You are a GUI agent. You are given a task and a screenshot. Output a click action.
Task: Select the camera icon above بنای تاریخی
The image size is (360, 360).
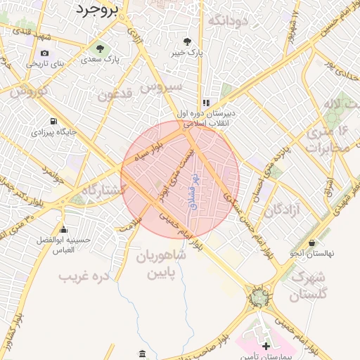45,53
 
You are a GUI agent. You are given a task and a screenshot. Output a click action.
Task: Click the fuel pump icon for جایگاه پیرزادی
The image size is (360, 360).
53,120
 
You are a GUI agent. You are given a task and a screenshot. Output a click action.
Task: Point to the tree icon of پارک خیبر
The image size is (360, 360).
187,41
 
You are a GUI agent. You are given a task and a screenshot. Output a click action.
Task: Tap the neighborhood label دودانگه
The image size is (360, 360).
229,20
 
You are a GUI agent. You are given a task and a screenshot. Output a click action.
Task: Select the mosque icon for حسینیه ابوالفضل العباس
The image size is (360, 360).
64,229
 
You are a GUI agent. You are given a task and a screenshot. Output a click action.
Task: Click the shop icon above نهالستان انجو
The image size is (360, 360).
311,243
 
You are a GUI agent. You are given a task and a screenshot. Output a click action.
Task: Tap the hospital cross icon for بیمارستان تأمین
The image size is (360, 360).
266,347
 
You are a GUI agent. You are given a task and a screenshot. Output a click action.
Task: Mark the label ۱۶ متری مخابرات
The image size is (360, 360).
328,140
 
